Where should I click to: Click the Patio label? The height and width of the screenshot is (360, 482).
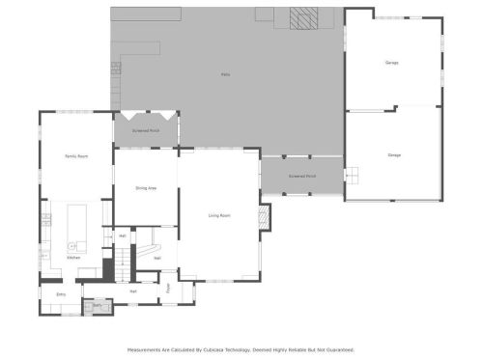click(225, 74)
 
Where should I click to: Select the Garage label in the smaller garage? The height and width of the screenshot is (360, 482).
click(392, 63)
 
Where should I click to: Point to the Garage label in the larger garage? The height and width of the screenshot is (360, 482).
click(394, 155)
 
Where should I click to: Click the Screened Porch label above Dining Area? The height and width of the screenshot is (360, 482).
click(146, 129)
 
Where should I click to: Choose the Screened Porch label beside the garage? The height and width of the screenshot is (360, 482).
click(302, 177)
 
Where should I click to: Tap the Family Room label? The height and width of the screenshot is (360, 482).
click(76, 155)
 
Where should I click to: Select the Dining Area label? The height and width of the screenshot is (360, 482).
click(146, 188)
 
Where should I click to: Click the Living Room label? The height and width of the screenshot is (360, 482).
click(219, 215)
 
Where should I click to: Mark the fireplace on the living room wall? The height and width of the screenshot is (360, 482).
click(266, 217)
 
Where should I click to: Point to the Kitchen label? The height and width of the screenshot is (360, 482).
click(73, 258)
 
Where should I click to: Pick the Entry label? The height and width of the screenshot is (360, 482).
click(61, 294)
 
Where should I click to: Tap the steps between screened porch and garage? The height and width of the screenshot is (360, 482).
click(352, 176)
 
